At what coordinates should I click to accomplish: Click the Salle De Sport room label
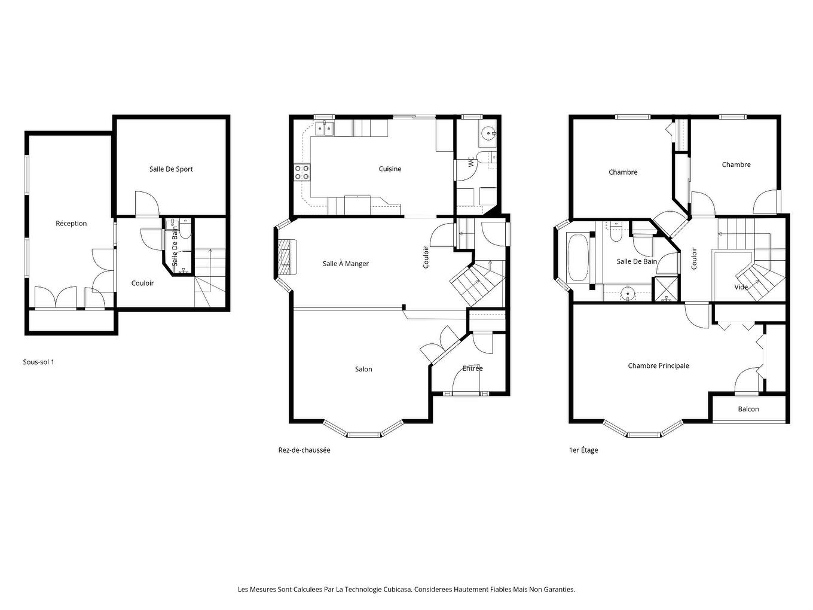(x=171, y=169)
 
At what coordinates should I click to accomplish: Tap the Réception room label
(x=71, y=224)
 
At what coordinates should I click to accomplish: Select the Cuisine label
(x=390, y=169)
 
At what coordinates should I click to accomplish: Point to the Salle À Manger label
(x=346, y=264)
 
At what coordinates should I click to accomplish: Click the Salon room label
(x=363, y=370)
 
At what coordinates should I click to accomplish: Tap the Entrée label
(x=472, y=368)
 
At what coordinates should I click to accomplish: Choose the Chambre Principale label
(x=658, y=366)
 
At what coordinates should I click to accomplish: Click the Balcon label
(x=748, y=409)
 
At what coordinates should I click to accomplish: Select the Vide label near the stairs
(x=741, y=287)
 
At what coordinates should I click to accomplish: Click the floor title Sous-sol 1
(x=38, y=362)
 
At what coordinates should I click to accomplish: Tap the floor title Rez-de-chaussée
(x=304, y=450)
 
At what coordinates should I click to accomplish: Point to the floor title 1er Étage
(x=583, y=450)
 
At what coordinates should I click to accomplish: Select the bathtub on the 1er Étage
(x=577, y=258)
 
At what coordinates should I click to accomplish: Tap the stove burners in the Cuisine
(x=302, y=172)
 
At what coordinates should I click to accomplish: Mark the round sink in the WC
(x=488, y=133)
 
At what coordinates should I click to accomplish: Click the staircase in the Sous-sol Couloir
(x=210, y=275)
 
